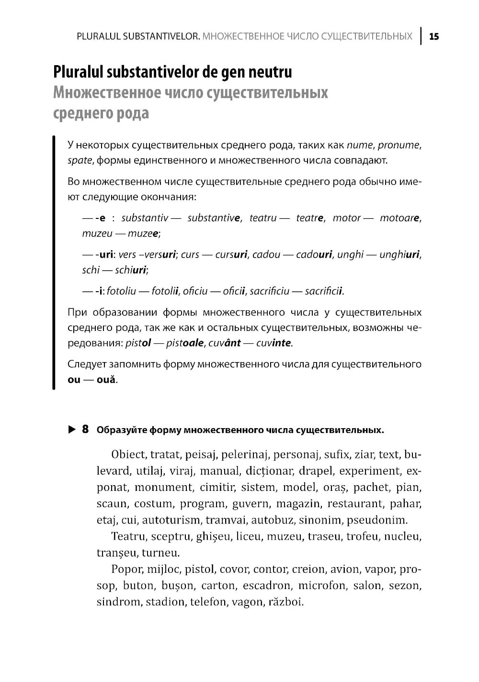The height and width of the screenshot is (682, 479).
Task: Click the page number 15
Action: [434, 36]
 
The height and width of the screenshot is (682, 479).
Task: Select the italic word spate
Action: [80, 160]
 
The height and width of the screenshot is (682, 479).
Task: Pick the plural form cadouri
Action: [314, 254]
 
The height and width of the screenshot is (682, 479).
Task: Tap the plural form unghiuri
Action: [399, 254]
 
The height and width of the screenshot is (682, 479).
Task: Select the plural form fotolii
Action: [165, 291]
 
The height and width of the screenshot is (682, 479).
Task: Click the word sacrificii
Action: [324, 291]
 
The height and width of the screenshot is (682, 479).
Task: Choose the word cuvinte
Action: [274, 343]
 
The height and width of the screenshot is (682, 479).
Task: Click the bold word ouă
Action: [106, 380]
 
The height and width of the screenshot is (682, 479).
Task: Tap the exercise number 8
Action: [85, 429]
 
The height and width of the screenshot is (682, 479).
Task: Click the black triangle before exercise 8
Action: [72, 429]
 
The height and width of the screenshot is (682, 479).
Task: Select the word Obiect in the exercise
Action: [128, 454]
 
